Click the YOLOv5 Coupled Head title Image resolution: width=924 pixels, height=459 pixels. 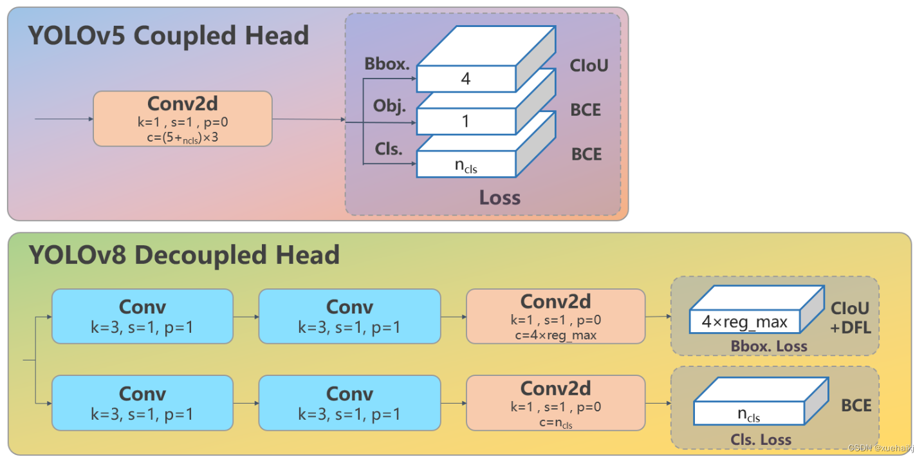pos(169,35)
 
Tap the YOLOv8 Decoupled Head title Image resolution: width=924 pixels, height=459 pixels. pos(184,255)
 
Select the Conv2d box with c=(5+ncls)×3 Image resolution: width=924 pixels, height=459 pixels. pos(183,119)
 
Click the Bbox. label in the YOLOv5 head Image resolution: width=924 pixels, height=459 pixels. pos(387,64)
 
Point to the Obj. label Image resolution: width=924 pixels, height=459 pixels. pos(389,106)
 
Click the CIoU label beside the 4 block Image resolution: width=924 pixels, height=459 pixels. pos(589,66)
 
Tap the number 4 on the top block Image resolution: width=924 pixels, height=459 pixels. pos(466,79)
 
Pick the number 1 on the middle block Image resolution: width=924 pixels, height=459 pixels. pos(466,122)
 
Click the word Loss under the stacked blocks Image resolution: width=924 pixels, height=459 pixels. pos(499,198)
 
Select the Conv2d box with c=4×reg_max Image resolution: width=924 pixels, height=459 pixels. pos(556,316)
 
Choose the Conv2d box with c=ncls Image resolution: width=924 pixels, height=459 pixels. pos(556,403)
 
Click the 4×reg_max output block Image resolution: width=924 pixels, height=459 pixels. pos(757,310)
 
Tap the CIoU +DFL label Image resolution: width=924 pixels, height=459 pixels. pos(851,318)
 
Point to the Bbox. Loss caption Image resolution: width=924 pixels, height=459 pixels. pos(769,346)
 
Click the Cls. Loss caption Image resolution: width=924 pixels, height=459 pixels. pos(761,440)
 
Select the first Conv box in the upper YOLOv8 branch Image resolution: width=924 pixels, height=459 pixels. pos(142,316)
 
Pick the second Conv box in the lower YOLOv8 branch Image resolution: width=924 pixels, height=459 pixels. pos(349,403)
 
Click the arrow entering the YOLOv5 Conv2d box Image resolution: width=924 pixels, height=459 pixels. pos(64,119)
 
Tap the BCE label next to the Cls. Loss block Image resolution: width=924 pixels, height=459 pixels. pos(856,406)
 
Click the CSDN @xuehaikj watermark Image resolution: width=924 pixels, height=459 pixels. pos(880,448)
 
